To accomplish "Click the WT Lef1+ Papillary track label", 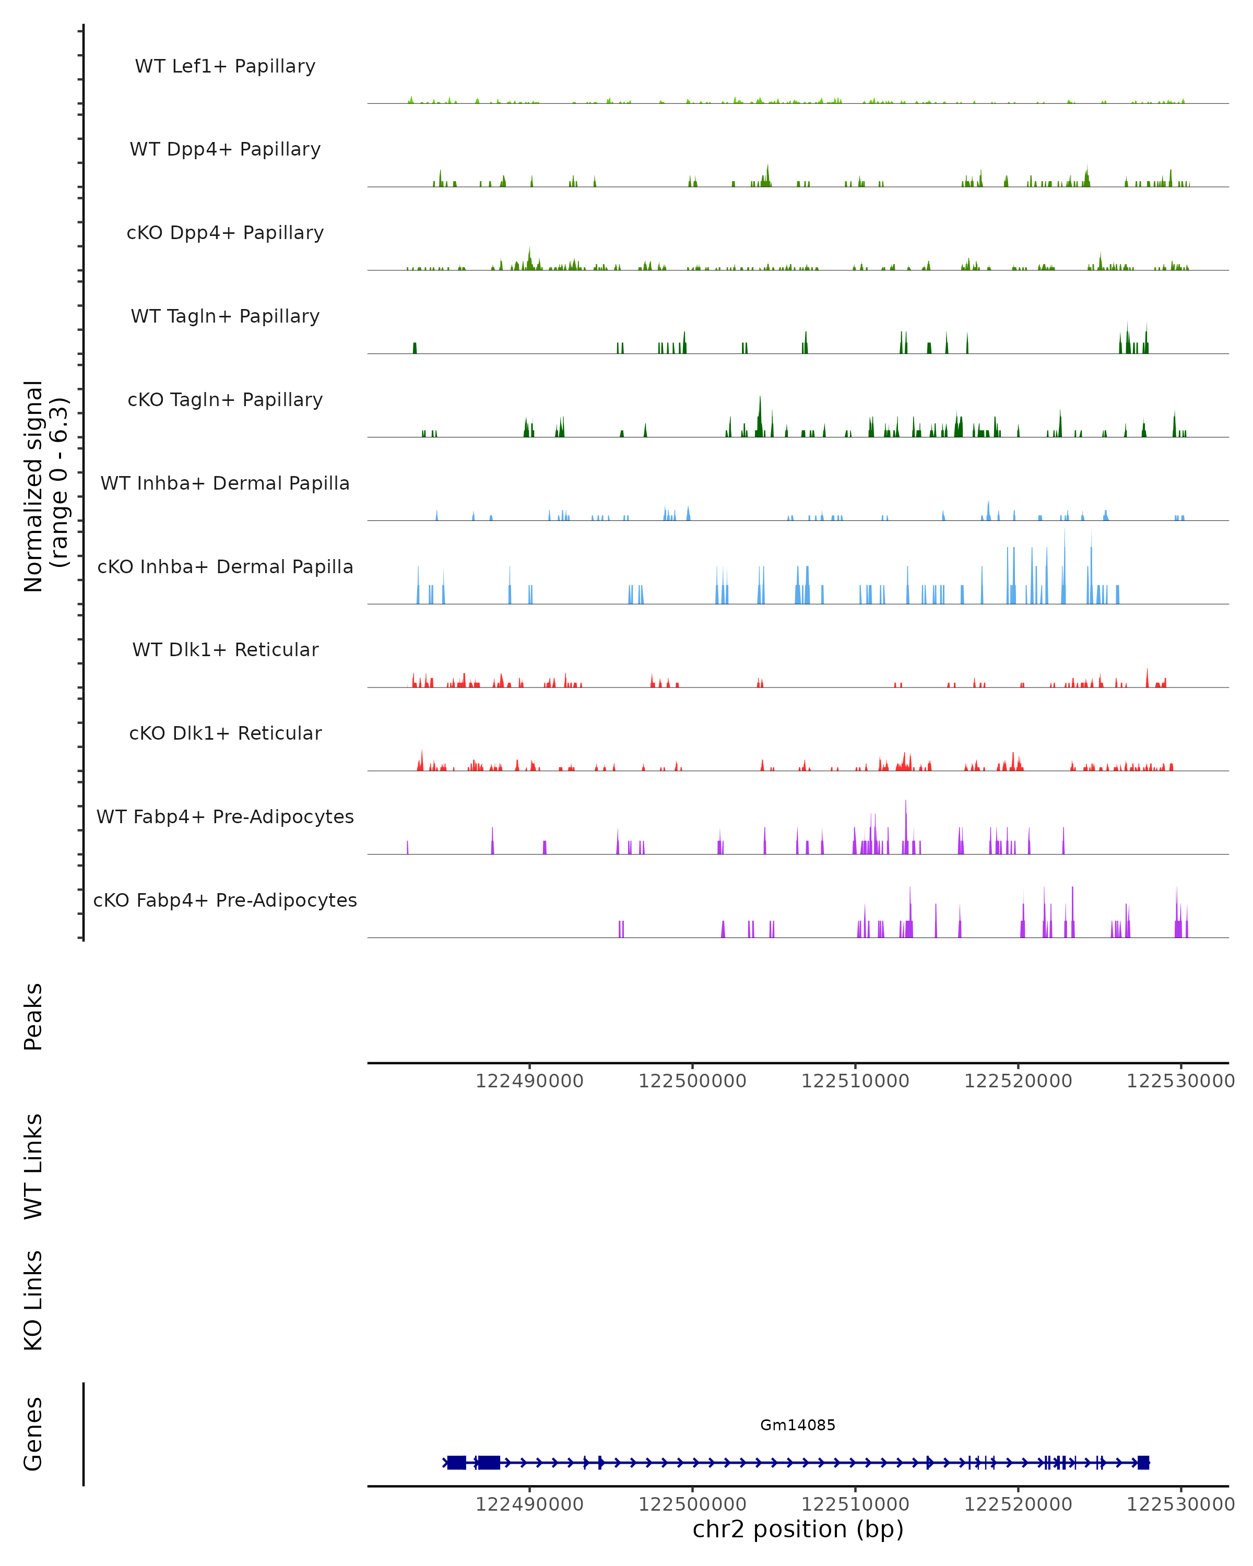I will [225, 66].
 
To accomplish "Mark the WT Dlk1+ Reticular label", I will [225, 649].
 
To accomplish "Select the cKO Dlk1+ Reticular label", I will [225, 733].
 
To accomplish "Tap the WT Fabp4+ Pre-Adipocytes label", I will [225, 816].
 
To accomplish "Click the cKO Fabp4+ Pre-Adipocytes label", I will [225, 900].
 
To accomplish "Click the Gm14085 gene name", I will [798, 1425].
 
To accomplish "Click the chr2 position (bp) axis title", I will [798, 1529].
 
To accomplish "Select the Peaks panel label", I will [33, 1016].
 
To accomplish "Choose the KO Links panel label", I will [33, 1300].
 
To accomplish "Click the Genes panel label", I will [33, 1434].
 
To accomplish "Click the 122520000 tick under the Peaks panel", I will [1018, 1081].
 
